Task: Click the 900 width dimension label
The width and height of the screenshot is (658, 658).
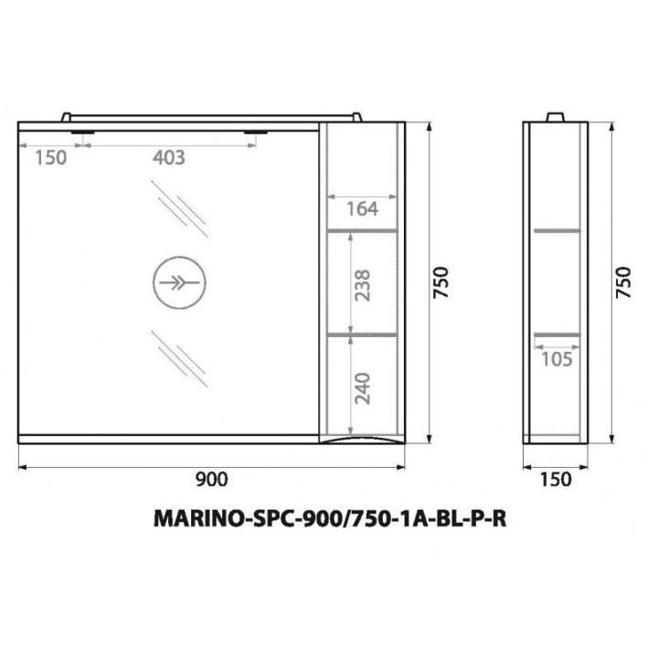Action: [212, 479]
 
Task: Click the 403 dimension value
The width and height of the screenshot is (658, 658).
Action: [169, 158]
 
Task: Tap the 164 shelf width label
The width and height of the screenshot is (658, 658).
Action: [362, 209]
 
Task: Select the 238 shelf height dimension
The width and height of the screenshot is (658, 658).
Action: [363, 285]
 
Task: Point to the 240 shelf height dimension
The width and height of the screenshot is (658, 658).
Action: [363, 388]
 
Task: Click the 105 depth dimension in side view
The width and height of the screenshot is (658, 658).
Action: [557, 359]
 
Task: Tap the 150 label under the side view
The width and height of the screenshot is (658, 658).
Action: [556, 479]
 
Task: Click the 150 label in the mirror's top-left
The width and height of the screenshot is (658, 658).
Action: [50, 158]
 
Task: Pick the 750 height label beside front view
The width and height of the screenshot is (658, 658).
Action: [441, 282]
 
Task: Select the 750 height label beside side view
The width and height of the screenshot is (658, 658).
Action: [623, 282]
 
